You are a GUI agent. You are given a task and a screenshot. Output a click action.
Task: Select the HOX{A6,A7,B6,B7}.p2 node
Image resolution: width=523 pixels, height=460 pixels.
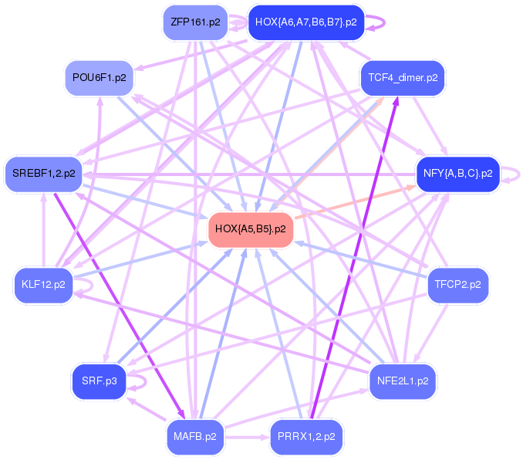[x=305, y=22]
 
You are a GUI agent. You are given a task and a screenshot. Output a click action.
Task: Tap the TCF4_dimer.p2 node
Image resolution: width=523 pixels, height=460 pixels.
[x=403, y=78]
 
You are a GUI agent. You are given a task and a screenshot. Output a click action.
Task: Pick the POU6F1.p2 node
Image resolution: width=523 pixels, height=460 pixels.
[x=100, y=78]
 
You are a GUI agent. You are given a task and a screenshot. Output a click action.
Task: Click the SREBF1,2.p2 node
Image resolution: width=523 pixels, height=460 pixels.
[x=43, y=174]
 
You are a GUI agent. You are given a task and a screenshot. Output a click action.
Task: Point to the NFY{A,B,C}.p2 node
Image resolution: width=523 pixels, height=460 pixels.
[x=457, y=174]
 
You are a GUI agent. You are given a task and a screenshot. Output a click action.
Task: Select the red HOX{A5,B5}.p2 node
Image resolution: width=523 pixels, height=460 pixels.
[x=251, y=229]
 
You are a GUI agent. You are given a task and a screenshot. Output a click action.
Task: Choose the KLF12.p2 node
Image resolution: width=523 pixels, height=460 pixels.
[x=43, y=285]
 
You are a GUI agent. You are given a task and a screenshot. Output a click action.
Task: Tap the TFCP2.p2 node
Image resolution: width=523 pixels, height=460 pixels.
[x=457, y=285]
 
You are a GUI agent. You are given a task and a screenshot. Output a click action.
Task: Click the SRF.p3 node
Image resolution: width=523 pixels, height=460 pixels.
[x=100, y=381]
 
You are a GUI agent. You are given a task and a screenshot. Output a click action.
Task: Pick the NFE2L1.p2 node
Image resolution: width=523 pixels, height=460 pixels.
[x=403, y=381]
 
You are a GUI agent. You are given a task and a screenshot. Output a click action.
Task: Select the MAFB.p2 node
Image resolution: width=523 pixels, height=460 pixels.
[x=194, y=436]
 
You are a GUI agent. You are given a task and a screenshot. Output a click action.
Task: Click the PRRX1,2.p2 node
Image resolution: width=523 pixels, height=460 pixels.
[x=305, y=436]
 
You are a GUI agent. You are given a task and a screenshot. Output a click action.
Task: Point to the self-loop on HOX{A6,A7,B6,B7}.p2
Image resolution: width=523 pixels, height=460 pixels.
[x=376, y=22]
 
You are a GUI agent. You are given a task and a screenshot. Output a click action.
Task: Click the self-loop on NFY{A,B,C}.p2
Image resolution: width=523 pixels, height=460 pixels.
[x=512, y=174]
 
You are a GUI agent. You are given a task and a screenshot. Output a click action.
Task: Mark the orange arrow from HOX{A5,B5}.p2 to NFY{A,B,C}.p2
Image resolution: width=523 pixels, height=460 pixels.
[x=355, y=202]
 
